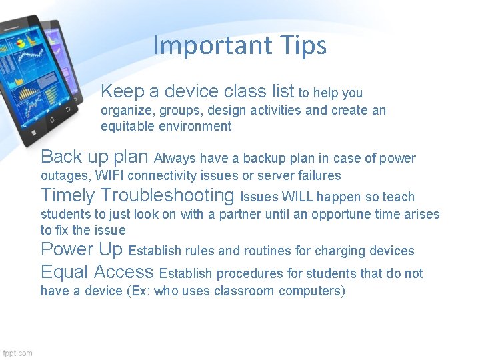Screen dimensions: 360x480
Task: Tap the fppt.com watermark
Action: tap(17, 353)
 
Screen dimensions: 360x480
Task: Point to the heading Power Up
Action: tap(82, 249)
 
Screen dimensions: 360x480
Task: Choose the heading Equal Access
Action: tap(97, 271)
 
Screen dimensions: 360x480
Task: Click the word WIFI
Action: tap(112, 176)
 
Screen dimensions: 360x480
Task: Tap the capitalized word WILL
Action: tap(297, 197)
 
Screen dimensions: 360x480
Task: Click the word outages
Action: tap(65, 176)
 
